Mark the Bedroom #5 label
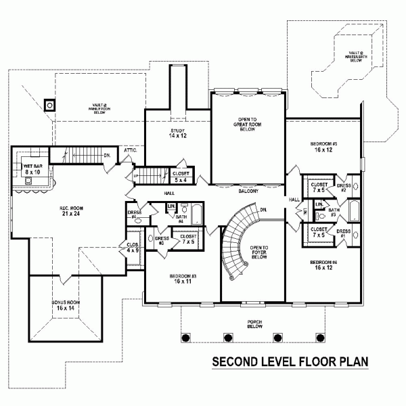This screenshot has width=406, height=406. [324, 147]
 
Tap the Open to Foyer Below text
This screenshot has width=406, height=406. [260, 252]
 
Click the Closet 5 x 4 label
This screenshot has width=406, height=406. [181, 177]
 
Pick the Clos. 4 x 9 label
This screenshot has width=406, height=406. [133, 248]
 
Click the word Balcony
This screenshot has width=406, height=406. [248, 191]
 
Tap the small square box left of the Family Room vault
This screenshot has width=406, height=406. [49, 105]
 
